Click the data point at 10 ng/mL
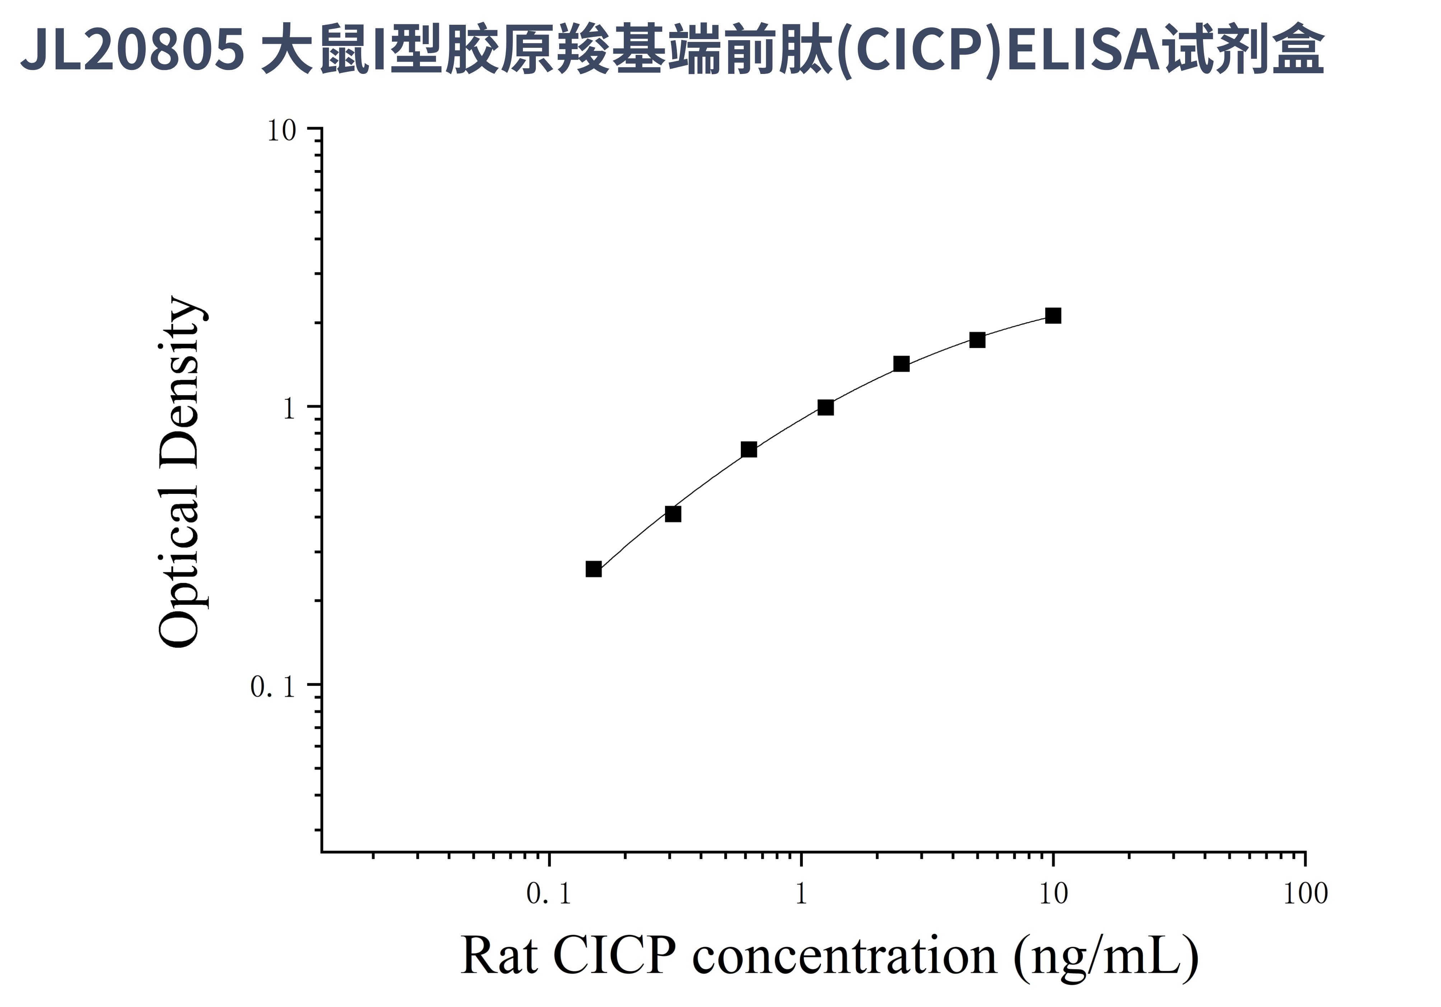tap(1053, 315)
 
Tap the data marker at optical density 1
tap(826, 408)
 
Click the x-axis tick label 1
tap(801, 894)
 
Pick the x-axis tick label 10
tap(1053, 894)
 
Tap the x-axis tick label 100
tap(1305, 894)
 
